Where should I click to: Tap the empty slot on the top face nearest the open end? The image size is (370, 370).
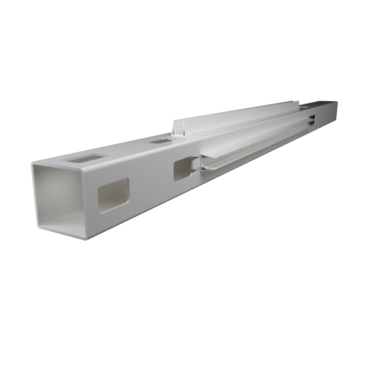[x=84, y=159]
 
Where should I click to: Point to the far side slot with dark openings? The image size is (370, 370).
[x=312, y=121]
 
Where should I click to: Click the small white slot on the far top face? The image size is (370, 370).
[x=305, y=107]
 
